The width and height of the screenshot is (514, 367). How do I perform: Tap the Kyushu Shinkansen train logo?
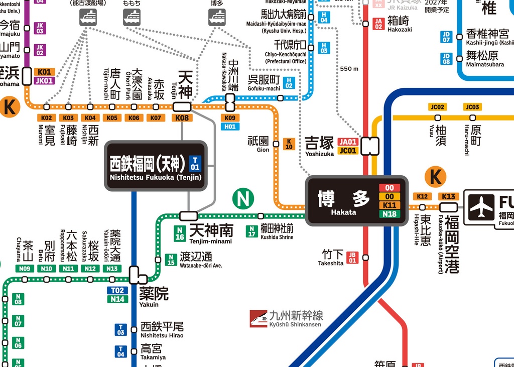(259, 318)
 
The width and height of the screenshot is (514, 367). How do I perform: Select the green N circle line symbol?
(243, 199)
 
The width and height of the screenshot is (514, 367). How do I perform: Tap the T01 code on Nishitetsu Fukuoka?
(195, 164)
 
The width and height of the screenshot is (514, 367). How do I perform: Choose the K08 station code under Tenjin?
(182, 118)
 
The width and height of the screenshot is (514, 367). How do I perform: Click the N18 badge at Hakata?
(389, 214)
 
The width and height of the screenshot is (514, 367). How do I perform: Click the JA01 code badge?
(348, 142)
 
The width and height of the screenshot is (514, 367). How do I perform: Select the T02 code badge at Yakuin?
(117, 290)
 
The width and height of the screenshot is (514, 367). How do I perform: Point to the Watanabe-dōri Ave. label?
(200, 260)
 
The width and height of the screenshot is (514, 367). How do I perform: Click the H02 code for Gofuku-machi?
(289, 82)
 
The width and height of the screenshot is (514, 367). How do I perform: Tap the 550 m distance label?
(349, 68)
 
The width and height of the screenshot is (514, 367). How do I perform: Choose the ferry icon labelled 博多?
(217, 17)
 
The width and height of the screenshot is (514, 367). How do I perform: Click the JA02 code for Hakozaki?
(379, 24)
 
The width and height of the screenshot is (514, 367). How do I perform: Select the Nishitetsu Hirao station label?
(162, 329)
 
